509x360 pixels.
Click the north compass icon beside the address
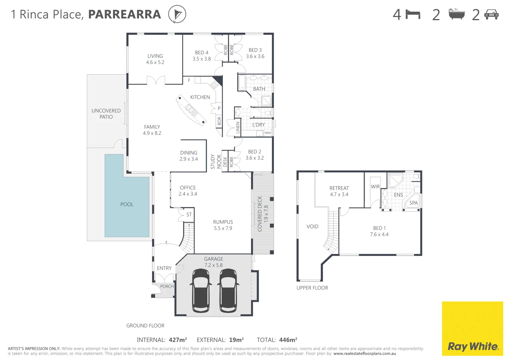[177, 14]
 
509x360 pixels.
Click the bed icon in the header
[413, 15]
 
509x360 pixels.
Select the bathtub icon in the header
[456, 14]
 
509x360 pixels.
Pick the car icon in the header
[491, 14]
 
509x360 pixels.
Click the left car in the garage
[201, 290]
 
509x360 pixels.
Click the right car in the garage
[228, 290]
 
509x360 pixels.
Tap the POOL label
[127, 204]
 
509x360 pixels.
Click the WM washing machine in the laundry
[268, 133]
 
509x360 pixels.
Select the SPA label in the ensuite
[413, 203]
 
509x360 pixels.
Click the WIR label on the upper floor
[375, 187]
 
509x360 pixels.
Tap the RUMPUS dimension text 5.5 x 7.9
[223, 228]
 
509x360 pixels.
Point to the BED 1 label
[379, 228]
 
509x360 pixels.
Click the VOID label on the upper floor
[312, 226]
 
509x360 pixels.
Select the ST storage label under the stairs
[189, 215]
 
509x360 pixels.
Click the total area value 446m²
[288, 340]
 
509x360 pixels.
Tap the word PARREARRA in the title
[124, 14]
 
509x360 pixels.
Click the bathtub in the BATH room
[242, 83]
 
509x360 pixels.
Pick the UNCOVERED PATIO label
[106, 114]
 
